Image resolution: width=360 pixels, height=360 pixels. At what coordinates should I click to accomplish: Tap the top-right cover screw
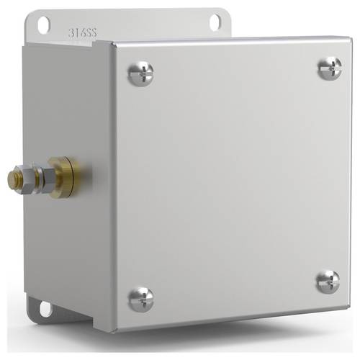click(330, 68)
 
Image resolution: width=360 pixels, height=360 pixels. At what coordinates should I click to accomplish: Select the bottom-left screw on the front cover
click(141, 298)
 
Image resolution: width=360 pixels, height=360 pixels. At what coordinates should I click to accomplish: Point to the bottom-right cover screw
click(328, 281)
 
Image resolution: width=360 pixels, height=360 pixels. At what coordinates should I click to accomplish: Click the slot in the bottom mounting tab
click(45, 310)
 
